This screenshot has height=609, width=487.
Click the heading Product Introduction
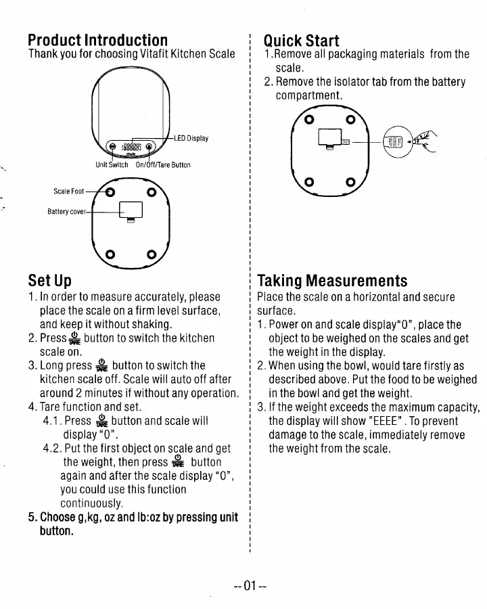[98, 40]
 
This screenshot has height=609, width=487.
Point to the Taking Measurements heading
[332, 280]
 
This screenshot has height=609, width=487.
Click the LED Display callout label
[191, 139]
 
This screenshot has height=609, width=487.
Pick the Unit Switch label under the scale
[112, 164]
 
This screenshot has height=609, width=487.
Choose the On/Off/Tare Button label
[163, 164]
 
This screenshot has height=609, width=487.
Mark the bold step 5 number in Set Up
[32, 518]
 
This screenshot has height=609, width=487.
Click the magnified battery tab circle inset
[393, 143]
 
